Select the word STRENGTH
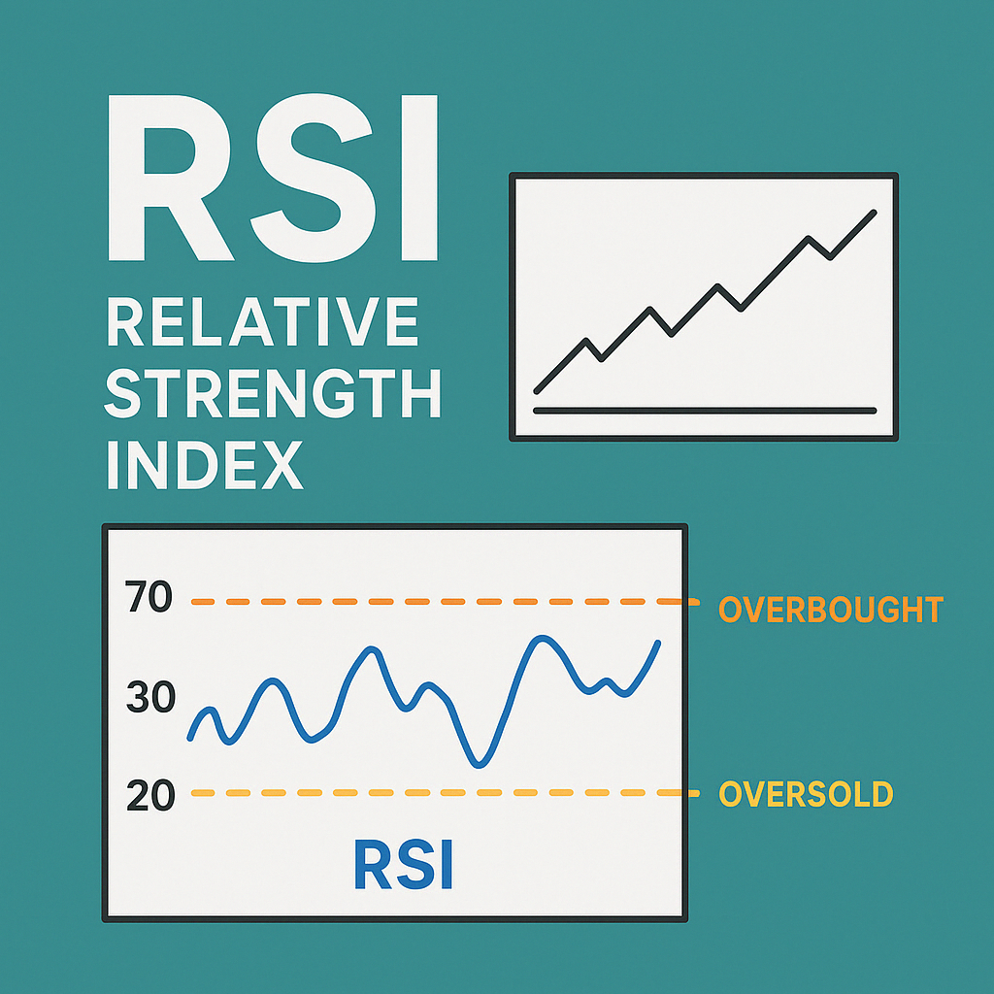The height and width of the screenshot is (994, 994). point(273,394)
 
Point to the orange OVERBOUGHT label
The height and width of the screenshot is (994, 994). point(830,610)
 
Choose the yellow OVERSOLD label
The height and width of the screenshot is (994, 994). point(805,794)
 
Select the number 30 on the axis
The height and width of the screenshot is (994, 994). point(149,697)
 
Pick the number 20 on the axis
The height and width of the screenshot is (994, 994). point(149,795)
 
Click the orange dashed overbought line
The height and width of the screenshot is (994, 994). point(437,602)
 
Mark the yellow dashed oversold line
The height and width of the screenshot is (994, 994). point(437,793)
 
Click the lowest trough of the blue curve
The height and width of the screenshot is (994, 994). point(478,765)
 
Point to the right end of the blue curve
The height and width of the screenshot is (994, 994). point(659,643)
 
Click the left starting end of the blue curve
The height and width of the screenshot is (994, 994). point(190,739)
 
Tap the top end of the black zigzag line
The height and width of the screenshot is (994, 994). point(875,213)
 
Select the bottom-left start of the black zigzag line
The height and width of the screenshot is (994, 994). point(537,391)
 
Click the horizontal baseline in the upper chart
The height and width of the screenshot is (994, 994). point(705,411)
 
